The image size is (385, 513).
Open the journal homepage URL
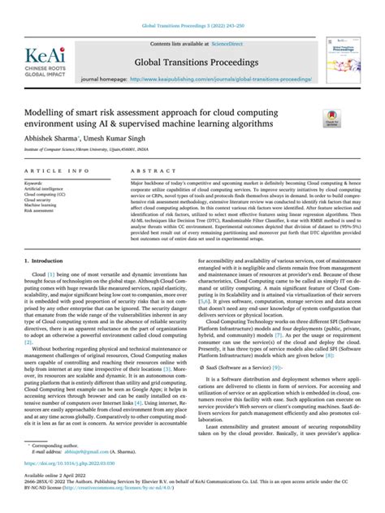[x=218, y=80]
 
